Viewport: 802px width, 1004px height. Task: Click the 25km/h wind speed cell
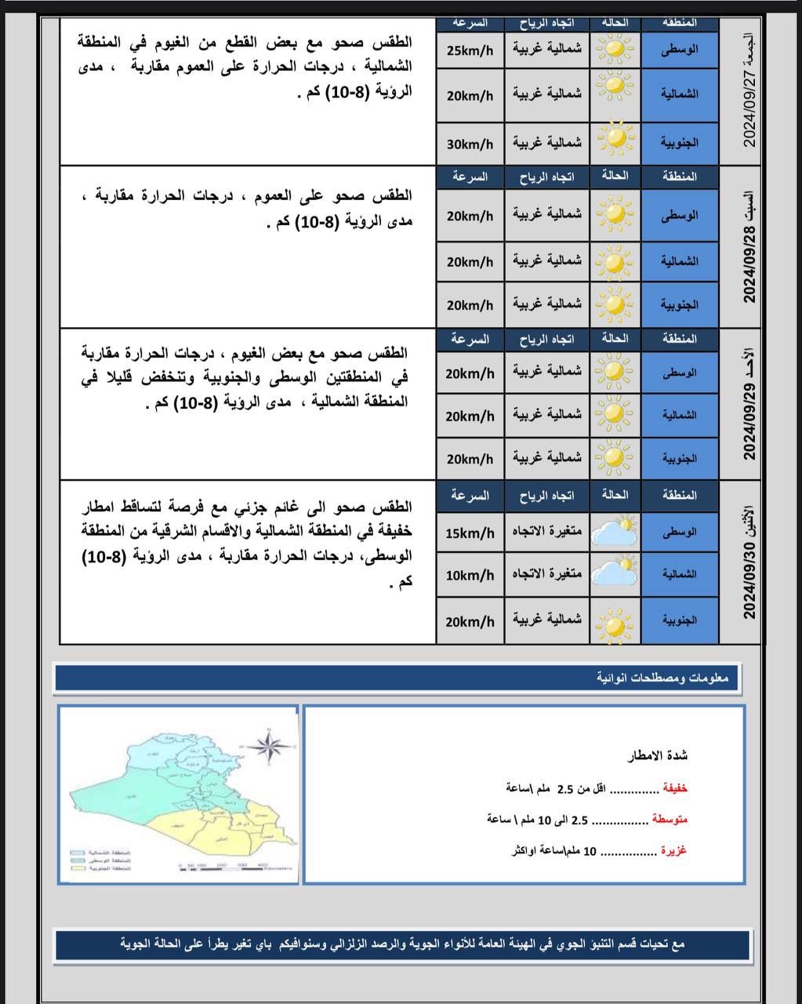pyautogui.click(x=470, y=51)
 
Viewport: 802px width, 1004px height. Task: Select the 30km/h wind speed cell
pyautogui.click(x=470, y=144)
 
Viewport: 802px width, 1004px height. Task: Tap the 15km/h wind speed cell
pyautogui.click(x=470, y=533)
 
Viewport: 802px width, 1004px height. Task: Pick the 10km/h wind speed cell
pyautogui.click(x=470, y=575)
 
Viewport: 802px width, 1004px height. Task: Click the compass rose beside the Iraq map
pyautogui.click(x=269, y=746)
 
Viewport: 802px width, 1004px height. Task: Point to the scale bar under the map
pyautogui.click(x=234, y=867)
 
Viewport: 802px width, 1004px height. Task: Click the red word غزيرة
pyautogui.click(x=673, y=850)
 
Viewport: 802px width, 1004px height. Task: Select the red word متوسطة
pyautogui.click(x=670, y=819)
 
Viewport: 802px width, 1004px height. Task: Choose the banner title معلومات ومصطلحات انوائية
pyautogui.click(x=662, y=678)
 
